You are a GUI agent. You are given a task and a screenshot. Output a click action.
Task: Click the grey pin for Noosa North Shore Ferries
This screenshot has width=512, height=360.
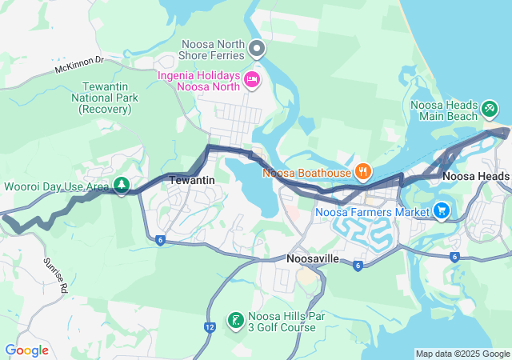click(257, 50)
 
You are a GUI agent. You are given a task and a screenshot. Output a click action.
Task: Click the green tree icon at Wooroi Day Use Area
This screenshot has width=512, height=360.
click(122, 186)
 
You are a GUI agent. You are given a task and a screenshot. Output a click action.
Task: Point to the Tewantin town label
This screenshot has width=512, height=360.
click(192, 181)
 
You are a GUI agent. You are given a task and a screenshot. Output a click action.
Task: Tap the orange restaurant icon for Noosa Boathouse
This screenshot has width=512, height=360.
click(362, 170)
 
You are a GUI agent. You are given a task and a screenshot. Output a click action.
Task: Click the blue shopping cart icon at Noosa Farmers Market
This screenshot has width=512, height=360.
click(442, 211)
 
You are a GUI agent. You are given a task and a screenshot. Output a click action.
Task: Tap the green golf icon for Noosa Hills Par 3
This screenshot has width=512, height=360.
click(235, 321)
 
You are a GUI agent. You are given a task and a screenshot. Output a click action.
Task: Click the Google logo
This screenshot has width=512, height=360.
click(26, 350)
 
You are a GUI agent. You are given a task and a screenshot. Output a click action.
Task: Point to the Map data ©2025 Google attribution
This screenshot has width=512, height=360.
click(462, 354)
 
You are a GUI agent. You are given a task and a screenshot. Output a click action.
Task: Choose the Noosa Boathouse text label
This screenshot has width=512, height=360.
click(306, 171)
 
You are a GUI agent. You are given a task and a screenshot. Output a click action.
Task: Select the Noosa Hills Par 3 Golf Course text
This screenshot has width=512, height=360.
click(286, 322)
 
